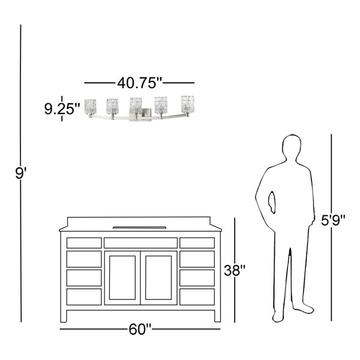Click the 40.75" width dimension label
click(x=140, y=83)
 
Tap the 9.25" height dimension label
click(x=62, y=109)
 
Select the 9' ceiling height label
click(x=20, y=173)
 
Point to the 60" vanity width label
click(x=140, y=329)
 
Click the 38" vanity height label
click(x=235, y=270)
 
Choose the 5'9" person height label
click(x=333, y=220)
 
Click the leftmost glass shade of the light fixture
click(x=90, y=107)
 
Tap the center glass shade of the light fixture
click(x=136, y=106)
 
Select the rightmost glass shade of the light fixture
click(x=188, y=104)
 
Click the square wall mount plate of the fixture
click(x=146, y=115)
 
